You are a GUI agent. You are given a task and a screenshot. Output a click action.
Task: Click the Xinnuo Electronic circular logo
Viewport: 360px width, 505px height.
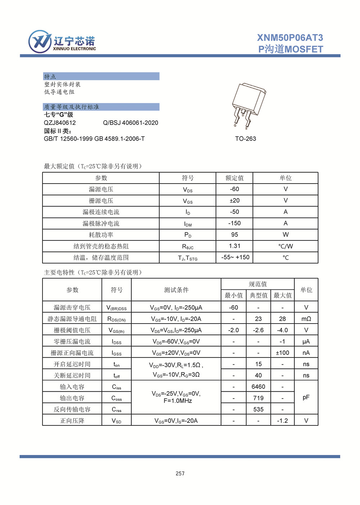click(40, 42)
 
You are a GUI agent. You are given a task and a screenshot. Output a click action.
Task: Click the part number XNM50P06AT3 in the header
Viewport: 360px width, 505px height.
click(290, 38)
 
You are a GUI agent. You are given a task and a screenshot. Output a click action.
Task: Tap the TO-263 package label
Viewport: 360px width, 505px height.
click(246, 139)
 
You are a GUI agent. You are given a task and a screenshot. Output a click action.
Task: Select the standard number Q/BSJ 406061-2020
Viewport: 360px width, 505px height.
click(131, 123)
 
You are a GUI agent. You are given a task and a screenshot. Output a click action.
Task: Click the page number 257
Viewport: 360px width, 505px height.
click(180, 473)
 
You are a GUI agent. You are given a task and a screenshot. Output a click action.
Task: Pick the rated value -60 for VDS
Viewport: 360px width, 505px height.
click(234, 189)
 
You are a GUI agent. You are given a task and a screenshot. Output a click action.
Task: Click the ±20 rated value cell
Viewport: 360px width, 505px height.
click(234, 200)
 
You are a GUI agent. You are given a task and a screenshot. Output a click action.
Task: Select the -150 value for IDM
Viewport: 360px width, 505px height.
click(234, 223)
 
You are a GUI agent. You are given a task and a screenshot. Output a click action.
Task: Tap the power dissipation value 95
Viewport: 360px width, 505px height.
click(234, 235)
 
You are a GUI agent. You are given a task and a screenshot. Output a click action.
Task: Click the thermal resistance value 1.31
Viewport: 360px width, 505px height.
click(234, 246)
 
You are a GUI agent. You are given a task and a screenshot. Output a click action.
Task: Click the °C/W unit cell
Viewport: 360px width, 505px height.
click(285, 246)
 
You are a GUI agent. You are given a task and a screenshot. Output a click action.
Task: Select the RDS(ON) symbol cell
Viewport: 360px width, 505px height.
click(117, 319)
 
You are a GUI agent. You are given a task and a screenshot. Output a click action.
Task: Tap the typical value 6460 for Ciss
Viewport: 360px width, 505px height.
click(258, 387)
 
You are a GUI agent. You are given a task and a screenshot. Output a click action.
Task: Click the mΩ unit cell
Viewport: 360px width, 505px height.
click(306, 319)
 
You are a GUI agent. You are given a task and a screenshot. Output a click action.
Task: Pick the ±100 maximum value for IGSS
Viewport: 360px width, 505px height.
click(282, 353)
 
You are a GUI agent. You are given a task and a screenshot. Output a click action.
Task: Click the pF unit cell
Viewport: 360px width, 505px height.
click(306, 397)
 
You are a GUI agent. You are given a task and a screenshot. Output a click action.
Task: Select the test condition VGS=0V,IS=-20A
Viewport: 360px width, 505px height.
click(176, 420)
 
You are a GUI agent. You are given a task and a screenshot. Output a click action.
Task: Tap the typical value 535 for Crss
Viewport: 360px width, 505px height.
click(258, 409)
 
